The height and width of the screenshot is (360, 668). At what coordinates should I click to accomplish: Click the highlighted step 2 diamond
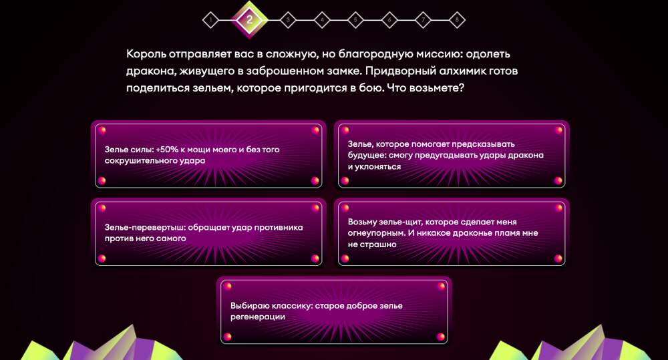click(x=249, y=19)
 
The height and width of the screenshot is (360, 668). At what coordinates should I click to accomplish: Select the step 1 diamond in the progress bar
click(x=210, y=19)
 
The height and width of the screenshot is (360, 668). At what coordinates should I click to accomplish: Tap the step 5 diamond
click(x=355, y=19)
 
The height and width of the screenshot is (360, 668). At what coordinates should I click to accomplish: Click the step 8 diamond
click(x=457, y=19)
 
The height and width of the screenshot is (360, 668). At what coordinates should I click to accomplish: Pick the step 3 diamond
click(x=288, y=19)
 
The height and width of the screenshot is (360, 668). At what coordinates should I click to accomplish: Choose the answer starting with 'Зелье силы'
click(x=208, y=156)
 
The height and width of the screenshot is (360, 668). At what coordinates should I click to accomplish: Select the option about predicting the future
click(x=452, y=156)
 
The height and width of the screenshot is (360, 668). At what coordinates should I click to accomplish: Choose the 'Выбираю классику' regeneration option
click(x=334, y=311)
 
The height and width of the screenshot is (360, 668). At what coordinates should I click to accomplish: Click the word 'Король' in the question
click(x=146, y=55)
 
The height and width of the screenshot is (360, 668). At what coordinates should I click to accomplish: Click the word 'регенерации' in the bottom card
click(x=258, y=317)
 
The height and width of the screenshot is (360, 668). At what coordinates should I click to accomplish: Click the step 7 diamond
click(x=423, y=19)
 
